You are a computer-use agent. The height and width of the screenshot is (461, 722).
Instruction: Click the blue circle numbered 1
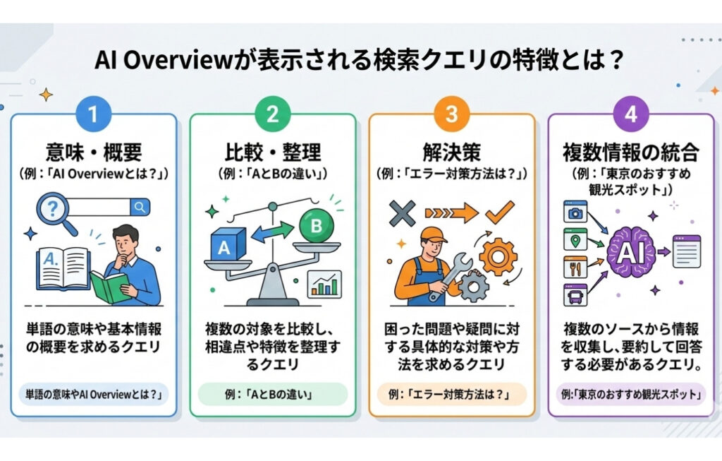coord(93,113)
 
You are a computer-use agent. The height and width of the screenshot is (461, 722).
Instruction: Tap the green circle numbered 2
coord(272,113)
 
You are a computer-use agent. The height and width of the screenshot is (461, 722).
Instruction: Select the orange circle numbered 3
coord(451,113)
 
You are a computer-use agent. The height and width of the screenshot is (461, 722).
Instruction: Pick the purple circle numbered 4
coord(630,113)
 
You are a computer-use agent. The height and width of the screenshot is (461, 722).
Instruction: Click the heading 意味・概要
coord(93,151)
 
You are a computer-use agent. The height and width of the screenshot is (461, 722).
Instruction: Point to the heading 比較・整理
coord(272,151)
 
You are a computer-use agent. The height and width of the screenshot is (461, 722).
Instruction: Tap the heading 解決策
coord(451,151)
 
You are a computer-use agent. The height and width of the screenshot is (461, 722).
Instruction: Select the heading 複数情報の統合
coord(630,151)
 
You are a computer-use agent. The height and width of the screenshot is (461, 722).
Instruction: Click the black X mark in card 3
coord(400,211)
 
